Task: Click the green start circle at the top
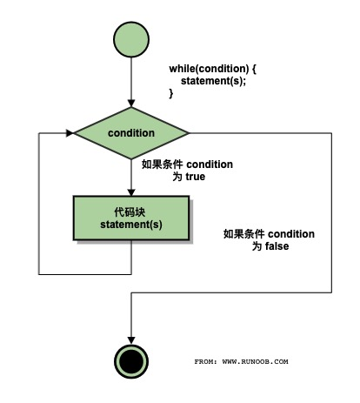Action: [130, 40]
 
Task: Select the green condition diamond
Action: [130, 133]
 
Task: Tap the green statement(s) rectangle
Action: [130, 218]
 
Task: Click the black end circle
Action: [130, 358]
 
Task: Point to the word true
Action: [194, 176]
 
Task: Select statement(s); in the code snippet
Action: [213, 81]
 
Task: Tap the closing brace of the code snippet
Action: [171, 94]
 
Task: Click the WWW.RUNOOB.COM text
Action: [256, 360]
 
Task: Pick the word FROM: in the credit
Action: [207, 360]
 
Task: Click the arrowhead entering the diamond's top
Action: [130, 104]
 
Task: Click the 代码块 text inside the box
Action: [130, 212]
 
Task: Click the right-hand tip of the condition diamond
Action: [188, 133]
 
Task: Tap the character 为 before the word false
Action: [257, 246]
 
